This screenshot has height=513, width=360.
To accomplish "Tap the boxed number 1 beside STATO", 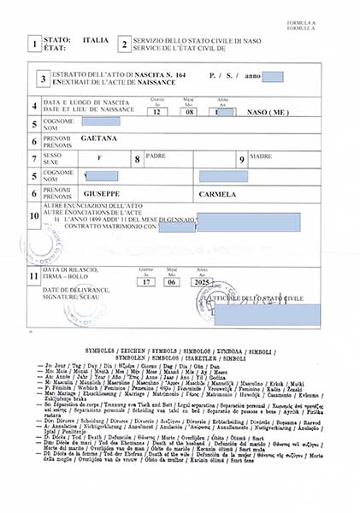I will [x=32, y=44].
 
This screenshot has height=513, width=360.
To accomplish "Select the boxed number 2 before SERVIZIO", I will [x=124, y=44].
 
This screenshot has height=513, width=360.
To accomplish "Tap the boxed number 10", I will [x=32, y=216].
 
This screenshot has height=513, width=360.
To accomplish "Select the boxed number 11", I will [x=32, y=276].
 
